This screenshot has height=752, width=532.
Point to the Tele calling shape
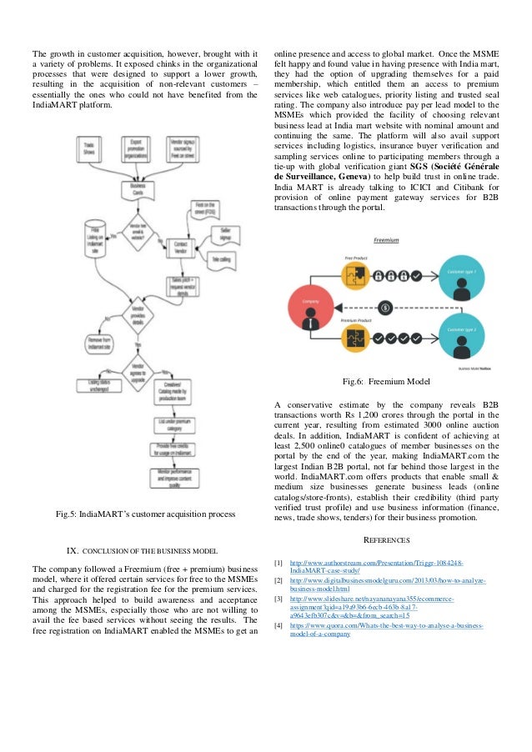(223, 259)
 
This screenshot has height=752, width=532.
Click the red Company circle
(311, 303)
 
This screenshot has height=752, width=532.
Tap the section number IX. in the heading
(72, 550)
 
